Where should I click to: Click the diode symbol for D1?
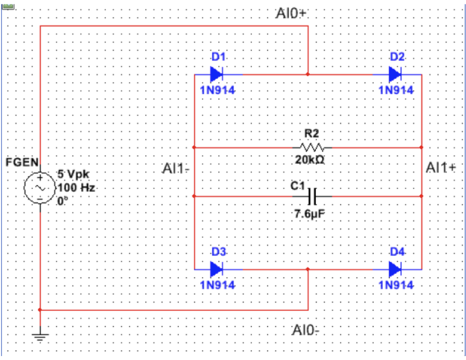pos(216,75)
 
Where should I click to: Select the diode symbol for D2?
pos(395,75)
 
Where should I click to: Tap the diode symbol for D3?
pos(216,270)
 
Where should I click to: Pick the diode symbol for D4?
pos(395,270)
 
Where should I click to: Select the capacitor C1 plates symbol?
pos(312,196)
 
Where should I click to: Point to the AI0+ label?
pos(292,14)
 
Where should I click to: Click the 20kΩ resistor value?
pos(311,161)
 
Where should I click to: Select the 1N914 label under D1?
pos(217,90)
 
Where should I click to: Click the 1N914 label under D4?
pos(395,285)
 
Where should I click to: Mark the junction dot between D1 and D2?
pos(308,75)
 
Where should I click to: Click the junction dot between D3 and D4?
pos(308,270)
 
